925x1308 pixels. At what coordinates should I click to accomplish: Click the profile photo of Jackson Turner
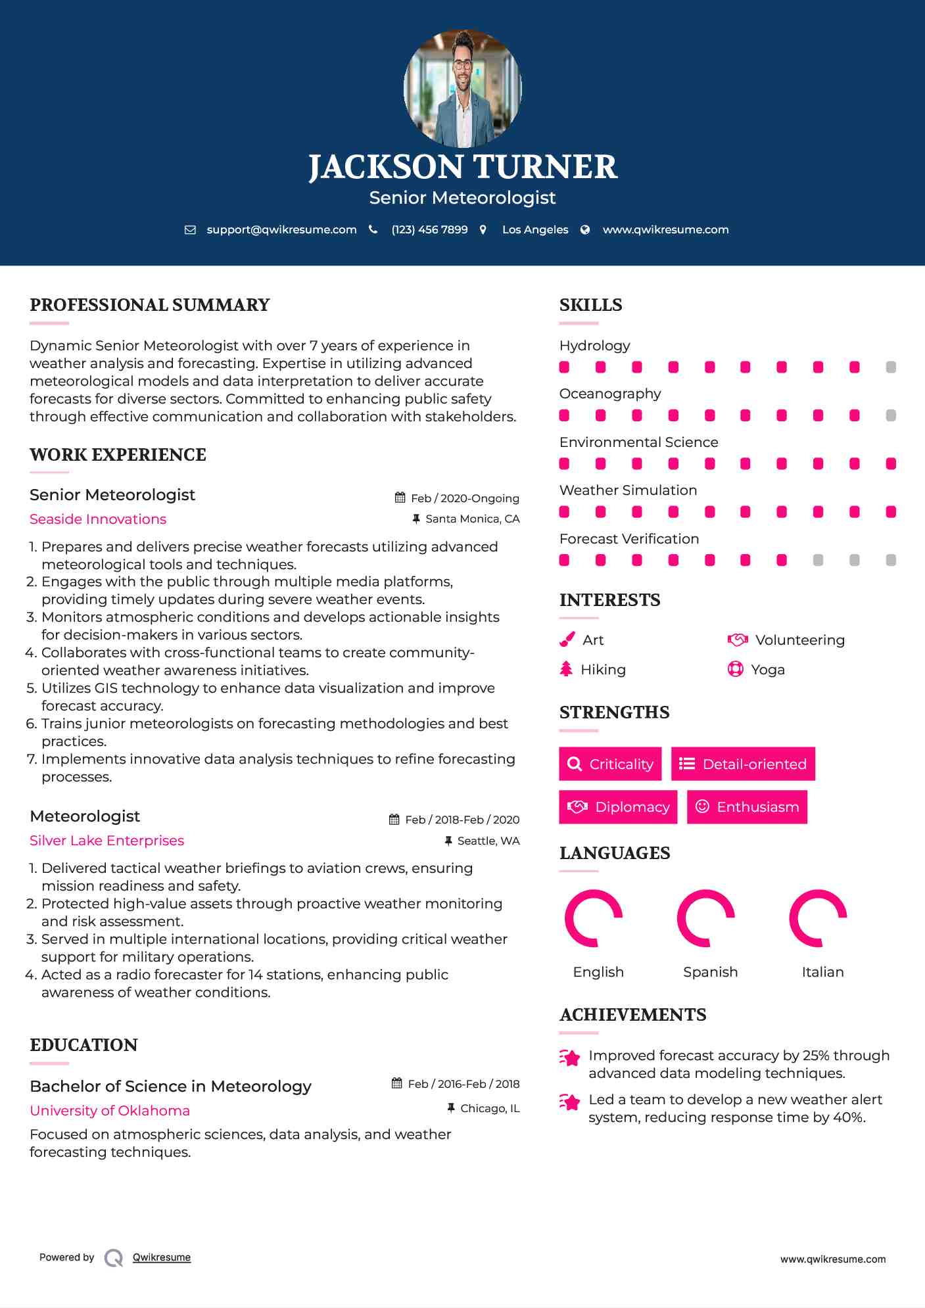462,88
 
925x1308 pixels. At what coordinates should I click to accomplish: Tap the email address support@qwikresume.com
281,229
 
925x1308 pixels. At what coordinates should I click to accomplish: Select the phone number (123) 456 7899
429,229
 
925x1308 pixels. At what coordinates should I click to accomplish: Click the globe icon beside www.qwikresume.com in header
585,229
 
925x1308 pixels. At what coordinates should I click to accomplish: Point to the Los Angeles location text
535,229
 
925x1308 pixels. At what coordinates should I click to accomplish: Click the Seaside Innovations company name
98,519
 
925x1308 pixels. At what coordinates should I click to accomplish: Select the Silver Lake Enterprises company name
107,841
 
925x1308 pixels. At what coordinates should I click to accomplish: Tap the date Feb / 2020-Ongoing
465,498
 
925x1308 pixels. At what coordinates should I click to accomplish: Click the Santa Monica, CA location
472,519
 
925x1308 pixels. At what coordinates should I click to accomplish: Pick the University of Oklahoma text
110,1111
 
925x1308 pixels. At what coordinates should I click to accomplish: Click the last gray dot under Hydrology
891,367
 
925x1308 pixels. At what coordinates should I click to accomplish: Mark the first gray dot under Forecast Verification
818,560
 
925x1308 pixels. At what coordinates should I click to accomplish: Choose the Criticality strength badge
610,764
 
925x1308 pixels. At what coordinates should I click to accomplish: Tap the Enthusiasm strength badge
747,806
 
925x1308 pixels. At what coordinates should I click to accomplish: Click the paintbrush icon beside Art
567,640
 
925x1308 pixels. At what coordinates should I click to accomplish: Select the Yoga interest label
767,670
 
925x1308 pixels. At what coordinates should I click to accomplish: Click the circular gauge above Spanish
705,918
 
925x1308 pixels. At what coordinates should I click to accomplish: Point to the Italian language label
822,972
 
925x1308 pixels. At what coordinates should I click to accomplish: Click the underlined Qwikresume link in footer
162,1257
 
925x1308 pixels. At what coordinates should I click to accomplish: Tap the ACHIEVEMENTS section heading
632,1015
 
